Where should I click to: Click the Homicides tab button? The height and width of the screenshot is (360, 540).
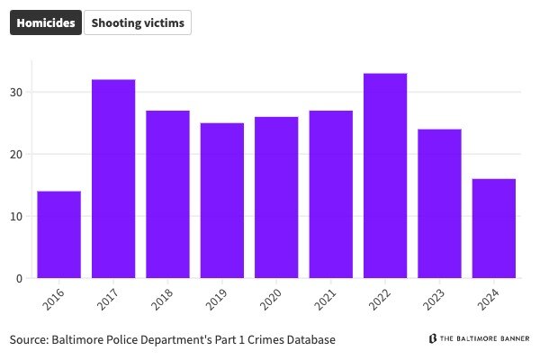point(45,23)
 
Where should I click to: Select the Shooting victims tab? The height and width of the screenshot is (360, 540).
point(138,23)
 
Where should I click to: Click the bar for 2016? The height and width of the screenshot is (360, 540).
point(58,235)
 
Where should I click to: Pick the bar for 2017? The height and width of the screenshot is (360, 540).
point(113,179)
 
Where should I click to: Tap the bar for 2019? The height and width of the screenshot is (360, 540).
point(222,201)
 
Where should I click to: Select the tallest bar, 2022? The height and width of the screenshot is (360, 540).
point(385,175)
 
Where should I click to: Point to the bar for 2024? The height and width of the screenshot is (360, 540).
point(494,229)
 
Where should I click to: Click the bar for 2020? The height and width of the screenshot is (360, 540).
point(276,198)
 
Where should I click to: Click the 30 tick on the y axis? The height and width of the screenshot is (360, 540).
point(16,92)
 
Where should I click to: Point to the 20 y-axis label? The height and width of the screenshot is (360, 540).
point(16,154)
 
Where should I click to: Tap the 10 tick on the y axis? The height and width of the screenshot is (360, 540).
point(16,216)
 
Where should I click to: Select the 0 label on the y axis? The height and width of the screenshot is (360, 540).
point(19,278)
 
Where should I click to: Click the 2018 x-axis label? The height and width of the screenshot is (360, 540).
point(163,300)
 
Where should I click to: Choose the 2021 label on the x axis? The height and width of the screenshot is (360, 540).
point(326,300)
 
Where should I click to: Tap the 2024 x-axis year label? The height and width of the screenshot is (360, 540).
point(489,300)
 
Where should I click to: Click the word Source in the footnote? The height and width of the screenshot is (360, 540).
point(29,340)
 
